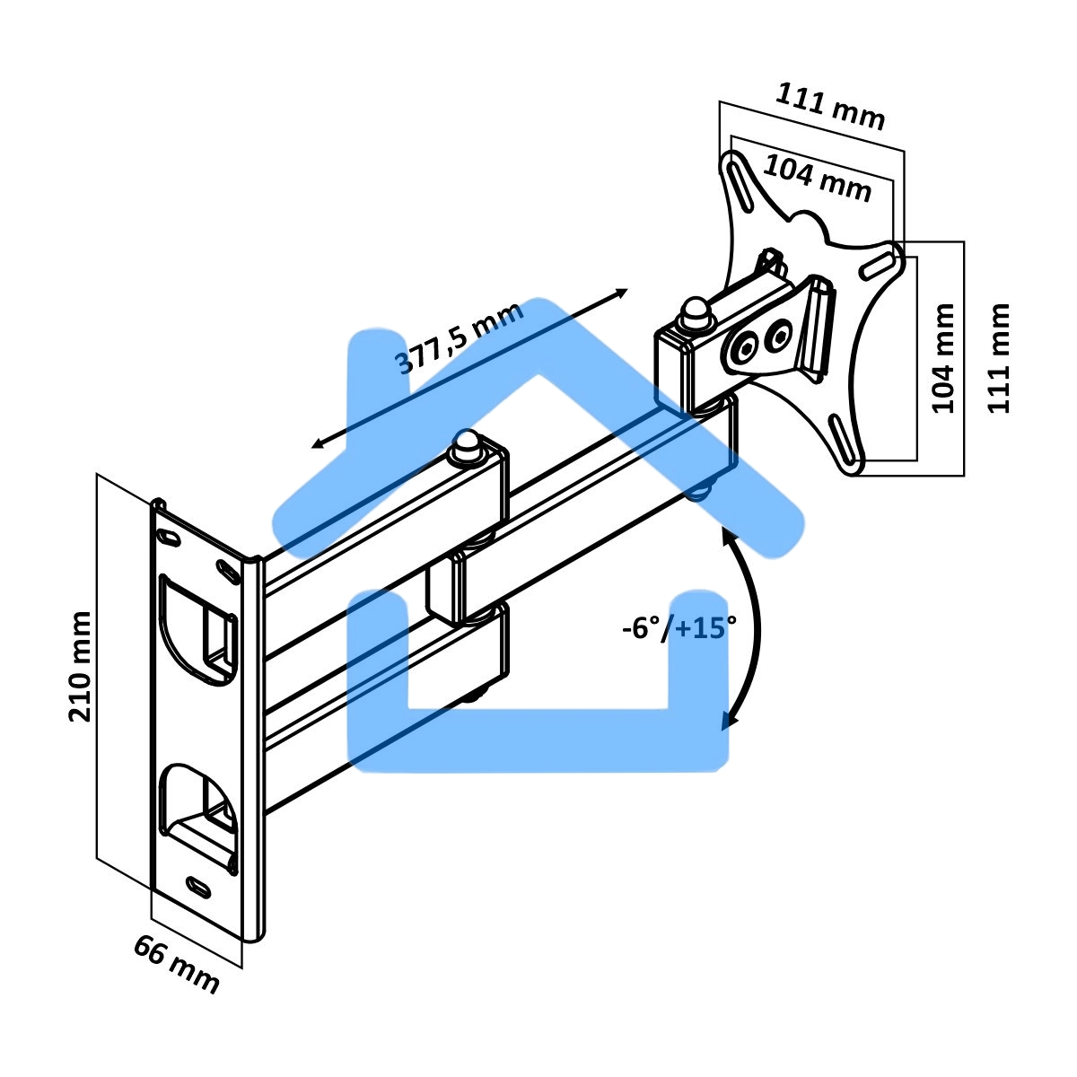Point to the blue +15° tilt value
(x=705, y=628)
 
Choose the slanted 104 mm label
(x=817, y=179)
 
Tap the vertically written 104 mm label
(x=944, y=358)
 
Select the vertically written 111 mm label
(x=999, y=358)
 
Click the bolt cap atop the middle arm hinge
(x=468, y=445)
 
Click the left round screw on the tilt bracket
(x=745, y=348)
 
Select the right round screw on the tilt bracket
(x=778, y=336)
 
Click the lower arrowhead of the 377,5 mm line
(x=318, y=443)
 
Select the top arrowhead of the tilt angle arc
(x=727, y=537)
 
